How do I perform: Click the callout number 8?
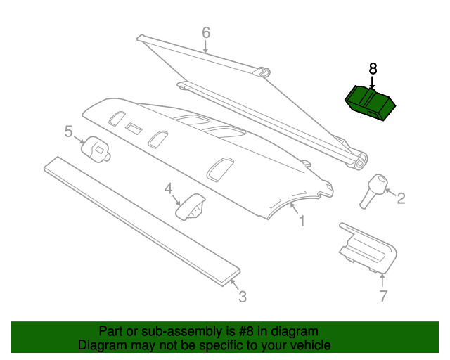[373, 69]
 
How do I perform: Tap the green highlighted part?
[371, 103]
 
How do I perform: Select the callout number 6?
[206, 32]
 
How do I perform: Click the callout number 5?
[68, 131]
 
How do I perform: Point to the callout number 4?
[169, 188]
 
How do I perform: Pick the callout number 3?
[243, 297]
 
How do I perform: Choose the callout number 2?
[401, 198]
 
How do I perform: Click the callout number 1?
[302, 221]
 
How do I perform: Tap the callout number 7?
[383, 296]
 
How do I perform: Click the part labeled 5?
[96, 149]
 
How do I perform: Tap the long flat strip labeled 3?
[142, 221]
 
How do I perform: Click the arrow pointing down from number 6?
[205, 47]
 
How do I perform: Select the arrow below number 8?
[372, 82]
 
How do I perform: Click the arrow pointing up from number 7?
[382, 281]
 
